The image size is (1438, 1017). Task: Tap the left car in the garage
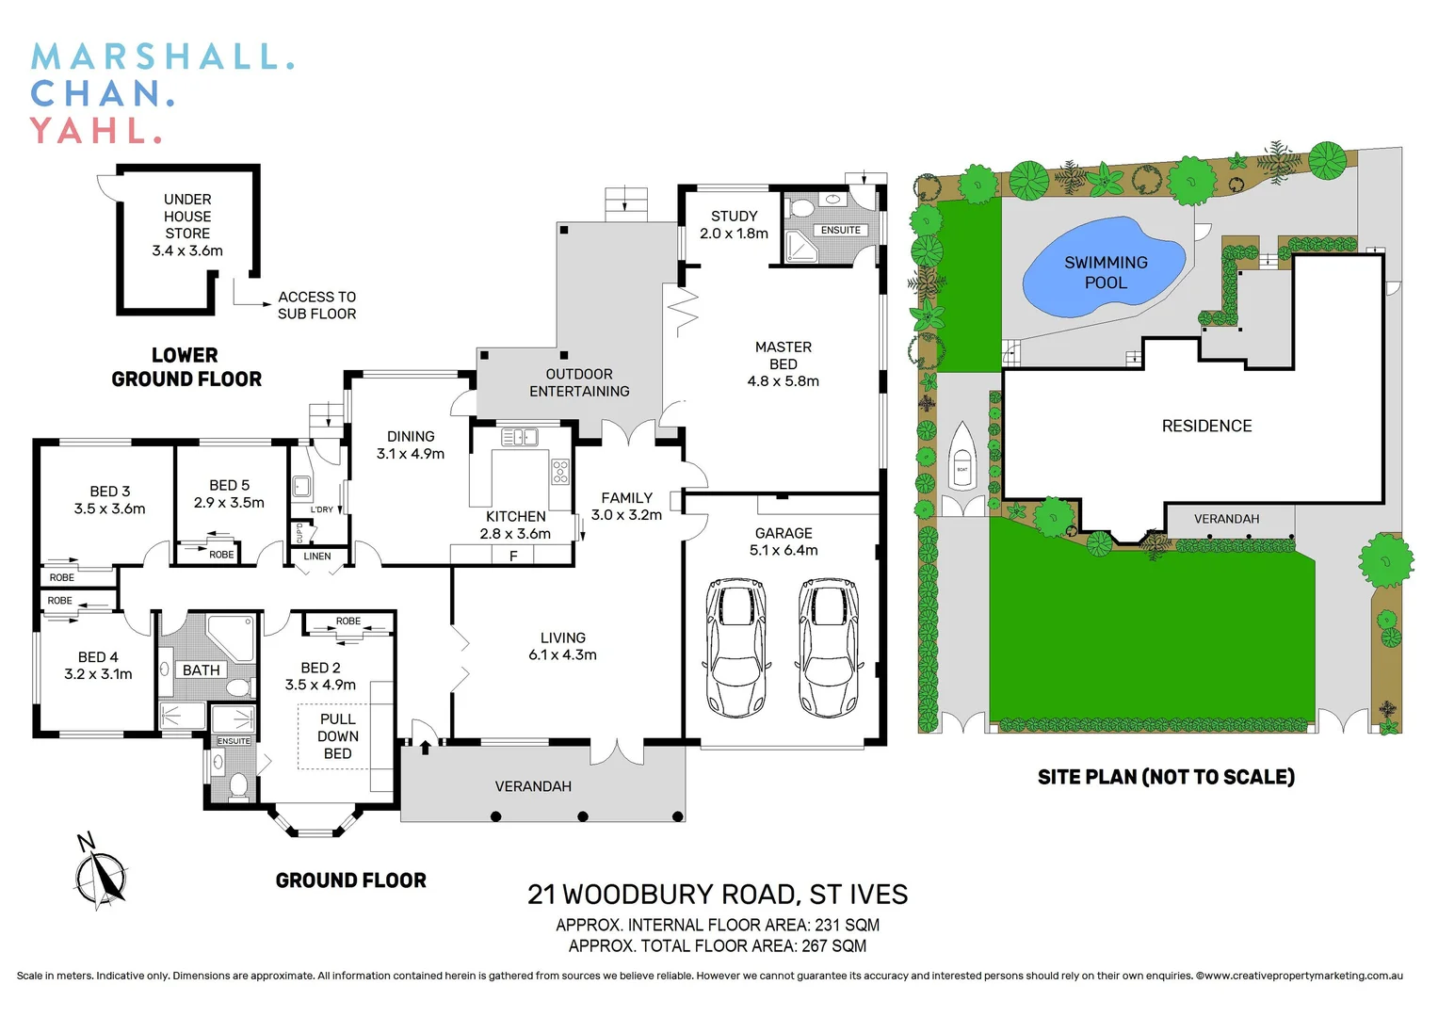(735, 647)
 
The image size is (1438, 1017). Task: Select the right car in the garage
(828, 647)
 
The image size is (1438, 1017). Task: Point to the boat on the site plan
(961, 457)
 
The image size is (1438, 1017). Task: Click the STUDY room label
(734, 217)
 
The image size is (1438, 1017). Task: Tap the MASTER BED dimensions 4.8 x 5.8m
(783, 381)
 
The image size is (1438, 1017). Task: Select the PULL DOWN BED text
(337, 736)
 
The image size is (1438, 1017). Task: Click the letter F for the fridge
(513, 557)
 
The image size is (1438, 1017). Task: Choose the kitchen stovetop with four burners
(560, 471)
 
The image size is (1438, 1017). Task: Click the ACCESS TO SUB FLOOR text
(316, 305)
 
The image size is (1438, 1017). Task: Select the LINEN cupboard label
(317, 557)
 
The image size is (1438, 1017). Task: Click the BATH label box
(202, 670)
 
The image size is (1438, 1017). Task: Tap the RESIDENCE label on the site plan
(1206, 427)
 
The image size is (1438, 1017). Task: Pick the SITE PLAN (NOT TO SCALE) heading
(1166, 777)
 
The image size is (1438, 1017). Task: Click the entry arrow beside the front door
(425, 747)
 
